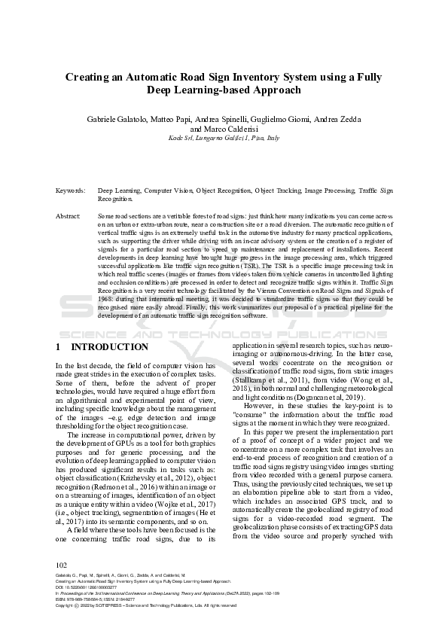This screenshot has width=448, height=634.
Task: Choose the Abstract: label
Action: tap(69, 215)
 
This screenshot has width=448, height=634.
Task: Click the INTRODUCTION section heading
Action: tap(109, 347)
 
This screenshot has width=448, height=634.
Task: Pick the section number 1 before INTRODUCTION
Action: tap(59, 347)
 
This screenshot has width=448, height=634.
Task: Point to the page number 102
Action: tap(62, 565)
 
